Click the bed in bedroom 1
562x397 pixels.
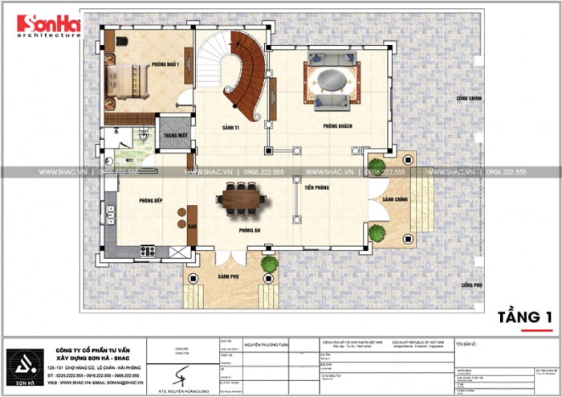click(x=130, y=80)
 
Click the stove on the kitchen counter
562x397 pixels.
click(x=149, y=251)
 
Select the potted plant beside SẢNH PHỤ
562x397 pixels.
click(x=269, y=263)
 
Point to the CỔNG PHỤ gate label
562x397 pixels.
click(x=470, y=285)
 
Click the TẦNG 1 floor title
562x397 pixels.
click(x=524, y=315)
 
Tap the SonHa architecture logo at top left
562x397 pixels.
click(x=48, y=27)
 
